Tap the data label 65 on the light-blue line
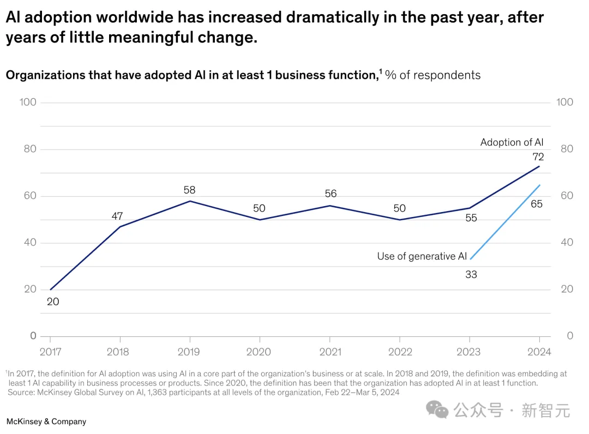click(x=537, y=204)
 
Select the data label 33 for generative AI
click(x=471, y=274)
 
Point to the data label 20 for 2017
click(x=53, y=301)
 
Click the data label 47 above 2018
click(x=117, y=216)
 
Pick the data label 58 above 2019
click(x=189, y=190)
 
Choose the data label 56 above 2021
click(x=330, y=194)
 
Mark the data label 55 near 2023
click(x=471, y=218)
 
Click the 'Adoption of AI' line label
click(x=512, y=142)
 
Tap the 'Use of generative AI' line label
click(x=422, y=256)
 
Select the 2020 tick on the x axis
click(x=259, y=352)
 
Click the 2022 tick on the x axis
click(x=400, y=352)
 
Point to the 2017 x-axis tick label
click(x=50, y=352)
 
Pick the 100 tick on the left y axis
click(x=27, y=102)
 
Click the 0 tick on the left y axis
click(x=33, y=336)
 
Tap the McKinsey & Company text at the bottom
click(x=46, y=421)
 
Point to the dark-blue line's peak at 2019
click(x=190, y=201)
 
